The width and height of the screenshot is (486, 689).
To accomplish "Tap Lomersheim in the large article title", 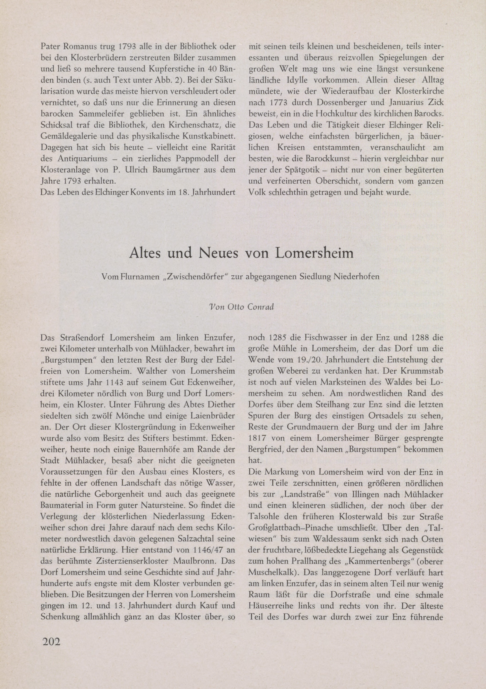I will pos(314,253).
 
